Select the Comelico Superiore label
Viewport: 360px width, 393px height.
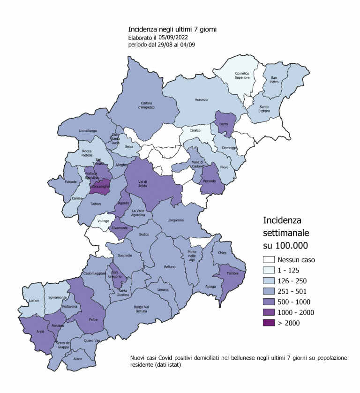pyautogui.click(x=242, y=76)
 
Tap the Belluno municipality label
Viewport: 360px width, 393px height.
pyautogui.click(x=169, y=267)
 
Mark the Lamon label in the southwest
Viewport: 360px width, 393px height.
pyautogui.click(x=34, y=301)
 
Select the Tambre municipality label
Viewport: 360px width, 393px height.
pyautogui.click(x=233, y=273)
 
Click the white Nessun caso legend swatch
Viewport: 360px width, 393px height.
pyautogui.click(x=269, y=259)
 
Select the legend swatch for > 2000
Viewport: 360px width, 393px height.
pyautogui.click(x=269, y=323)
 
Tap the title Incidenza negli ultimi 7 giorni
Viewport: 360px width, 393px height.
pyautogui.click(x=172, y=30)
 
